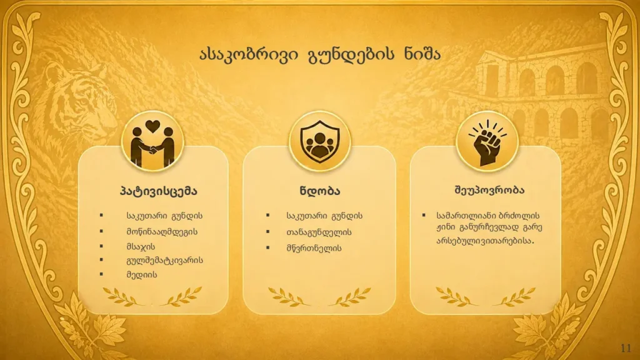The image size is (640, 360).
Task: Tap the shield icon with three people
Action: pyautogui.click(x=319, y=140)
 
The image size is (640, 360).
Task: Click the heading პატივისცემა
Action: pyautogui.click(x=158, y=191)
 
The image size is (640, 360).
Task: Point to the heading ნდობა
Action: pyautogui.click(x=320, y=191)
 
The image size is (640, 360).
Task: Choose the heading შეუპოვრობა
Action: pyautogui.click(x=489, y=190)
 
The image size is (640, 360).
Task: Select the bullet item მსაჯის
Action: pyautogui.click(x=141, y=246)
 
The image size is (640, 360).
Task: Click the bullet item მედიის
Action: pyautogui.click(x=142, y=274)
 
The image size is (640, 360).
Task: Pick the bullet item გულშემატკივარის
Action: pyautogui.click(x=164, y=261)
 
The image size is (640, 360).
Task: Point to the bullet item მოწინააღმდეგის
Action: pyautogui.click(x=162, y=232)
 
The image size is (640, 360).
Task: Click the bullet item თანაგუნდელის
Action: pyautogui.click(x=319, y=232)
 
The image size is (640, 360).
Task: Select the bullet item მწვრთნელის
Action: pyautogui.click(x=314, y=248)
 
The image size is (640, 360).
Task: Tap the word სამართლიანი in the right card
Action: pyautogui.click(x=465, y=216)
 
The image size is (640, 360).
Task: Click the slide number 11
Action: pyautogui.click(x=626, y=348)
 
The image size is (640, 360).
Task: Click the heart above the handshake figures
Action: pyautogui.click(x=152, y=126)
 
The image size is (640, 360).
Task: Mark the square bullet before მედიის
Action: pyautogui.click(x=101, y=274)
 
